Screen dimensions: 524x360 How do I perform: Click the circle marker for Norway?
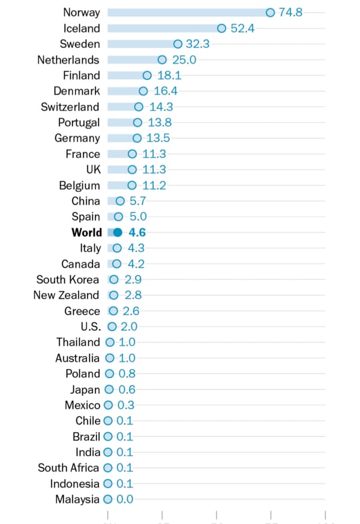tap(270, 13)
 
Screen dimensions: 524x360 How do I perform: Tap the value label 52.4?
tap(243, 28)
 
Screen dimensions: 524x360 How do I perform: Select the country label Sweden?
tap(80, 44)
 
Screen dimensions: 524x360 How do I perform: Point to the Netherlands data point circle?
tap(162, 59)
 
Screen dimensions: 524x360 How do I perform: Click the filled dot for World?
tap(118, 232)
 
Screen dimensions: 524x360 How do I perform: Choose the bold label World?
tap(86, 232)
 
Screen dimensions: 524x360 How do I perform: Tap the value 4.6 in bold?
tap(137, 232)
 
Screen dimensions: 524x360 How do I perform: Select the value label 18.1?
tap(169, 75)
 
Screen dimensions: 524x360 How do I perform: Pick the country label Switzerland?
tap(70, 107)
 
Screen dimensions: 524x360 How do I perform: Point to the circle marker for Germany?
tap(136, 138)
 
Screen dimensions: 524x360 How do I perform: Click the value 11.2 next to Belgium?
tap(155, 185)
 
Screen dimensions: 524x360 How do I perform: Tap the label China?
tap(85, 201)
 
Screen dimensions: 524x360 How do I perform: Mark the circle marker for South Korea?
tap(113, 279)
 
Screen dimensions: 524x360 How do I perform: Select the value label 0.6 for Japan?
tap(127, 390)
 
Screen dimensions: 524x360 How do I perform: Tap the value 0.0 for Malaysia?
tap(125, 499)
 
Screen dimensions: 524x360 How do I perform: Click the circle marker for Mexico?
tap(109, 405)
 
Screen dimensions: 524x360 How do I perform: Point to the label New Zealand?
tap(66, 295)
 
